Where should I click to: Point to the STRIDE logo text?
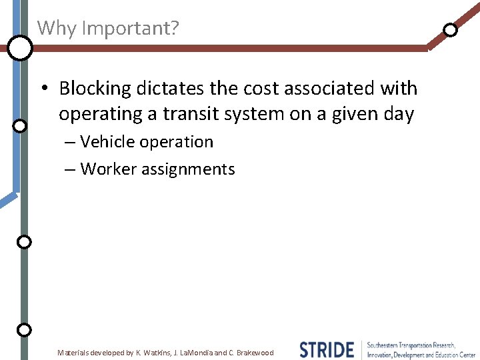(327, 349)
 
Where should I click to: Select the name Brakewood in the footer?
(255, 353)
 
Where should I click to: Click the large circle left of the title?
(20, 48)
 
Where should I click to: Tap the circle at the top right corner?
(451, 29)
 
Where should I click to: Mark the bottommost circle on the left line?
(24, 329)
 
